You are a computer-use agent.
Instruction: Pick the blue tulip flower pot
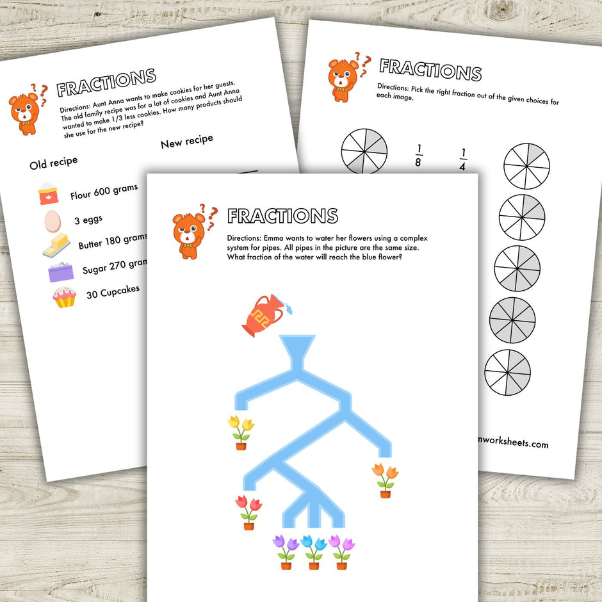point(314,551)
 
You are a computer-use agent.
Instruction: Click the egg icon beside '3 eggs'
point(52,222)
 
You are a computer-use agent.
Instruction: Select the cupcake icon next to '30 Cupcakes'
point(64,297)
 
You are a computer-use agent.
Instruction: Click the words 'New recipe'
point(186,141)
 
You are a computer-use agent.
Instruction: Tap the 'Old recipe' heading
point(53,163)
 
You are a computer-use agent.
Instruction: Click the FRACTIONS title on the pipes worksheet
point(282,216)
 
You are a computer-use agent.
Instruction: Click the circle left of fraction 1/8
point(364,151)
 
